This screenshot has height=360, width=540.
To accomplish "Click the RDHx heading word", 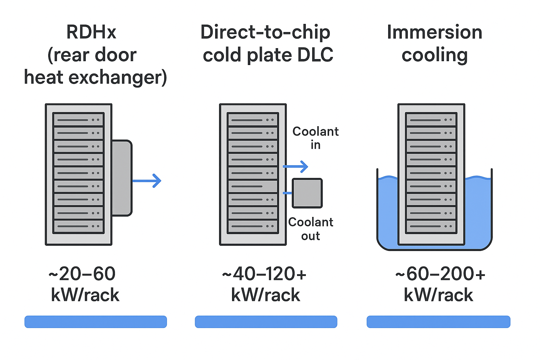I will click(91, 32).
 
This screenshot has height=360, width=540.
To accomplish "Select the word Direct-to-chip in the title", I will click(265, 32).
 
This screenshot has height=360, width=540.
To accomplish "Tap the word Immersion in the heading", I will click(434, 32).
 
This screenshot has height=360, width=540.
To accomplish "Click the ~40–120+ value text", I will click(264, 274).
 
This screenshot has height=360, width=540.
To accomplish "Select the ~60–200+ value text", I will click(440, 274).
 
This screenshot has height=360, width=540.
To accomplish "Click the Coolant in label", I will click(315, 138).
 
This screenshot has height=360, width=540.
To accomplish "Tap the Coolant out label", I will click(311, 229).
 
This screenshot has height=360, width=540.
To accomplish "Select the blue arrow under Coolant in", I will click(296, 166).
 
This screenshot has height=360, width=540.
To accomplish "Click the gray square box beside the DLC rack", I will click(307, 193).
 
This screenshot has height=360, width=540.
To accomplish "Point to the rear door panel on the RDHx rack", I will click(122, 178).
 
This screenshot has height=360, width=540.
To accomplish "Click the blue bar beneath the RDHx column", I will click(96, 322).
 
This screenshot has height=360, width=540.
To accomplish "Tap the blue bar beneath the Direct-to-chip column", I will click(266, 322).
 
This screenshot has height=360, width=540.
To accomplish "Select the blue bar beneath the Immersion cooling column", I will click(438, 322).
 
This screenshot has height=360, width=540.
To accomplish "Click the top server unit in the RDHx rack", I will click(78, 120).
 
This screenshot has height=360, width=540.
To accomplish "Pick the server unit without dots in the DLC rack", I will click(253, 186).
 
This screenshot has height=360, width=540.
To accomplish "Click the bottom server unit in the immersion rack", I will click(431, 226).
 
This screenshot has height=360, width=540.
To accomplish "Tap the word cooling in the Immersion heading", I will click(435, 55).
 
